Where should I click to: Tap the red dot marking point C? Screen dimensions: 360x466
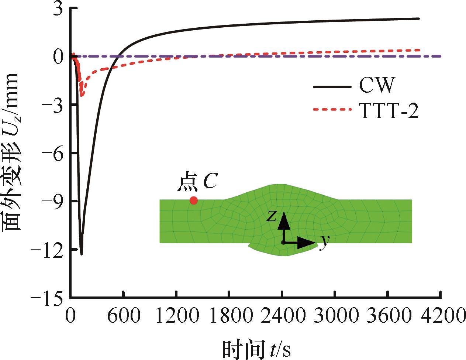click(193, 200)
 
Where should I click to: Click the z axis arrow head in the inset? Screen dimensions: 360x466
click(283, 218)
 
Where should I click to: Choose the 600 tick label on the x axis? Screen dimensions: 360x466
click(123, 316)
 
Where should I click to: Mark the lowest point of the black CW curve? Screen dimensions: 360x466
click(82, 254)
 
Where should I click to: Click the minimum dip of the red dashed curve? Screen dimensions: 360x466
click(82, 96)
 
